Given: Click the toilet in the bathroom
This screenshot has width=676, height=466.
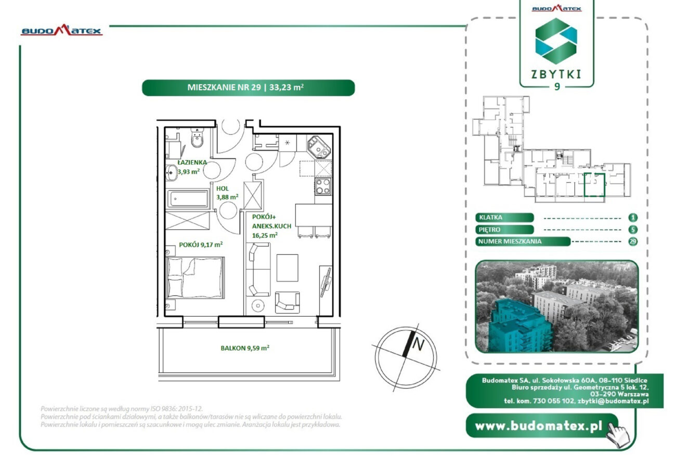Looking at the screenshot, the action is (198, 138).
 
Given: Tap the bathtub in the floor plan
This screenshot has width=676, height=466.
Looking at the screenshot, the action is (188, 199).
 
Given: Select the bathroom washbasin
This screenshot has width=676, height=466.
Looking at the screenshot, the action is (172, 173).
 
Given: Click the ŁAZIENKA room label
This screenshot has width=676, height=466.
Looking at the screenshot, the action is (192, 162).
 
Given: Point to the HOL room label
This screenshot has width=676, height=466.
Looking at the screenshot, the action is (223, 189).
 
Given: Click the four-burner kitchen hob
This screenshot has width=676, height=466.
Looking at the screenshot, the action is (323, 186).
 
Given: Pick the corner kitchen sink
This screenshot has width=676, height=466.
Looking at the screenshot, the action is (319, 147).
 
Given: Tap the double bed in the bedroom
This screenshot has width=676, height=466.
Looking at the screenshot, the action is (195, 278).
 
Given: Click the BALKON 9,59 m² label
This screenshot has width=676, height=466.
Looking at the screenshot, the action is (245, 348).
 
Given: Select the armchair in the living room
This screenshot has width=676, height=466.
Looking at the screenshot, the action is (287, 302).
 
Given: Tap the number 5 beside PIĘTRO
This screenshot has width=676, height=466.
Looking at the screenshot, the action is (632, 230).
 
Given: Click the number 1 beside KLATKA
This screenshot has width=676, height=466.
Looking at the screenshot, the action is (632, 217).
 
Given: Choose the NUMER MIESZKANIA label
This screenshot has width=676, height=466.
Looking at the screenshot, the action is (510, 241).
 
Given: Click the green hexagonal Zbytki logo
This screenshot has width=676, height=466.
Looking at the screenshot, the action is (556, 41).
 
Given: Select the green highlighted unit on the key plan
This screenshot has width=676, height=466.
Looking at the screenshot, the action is (594, 185).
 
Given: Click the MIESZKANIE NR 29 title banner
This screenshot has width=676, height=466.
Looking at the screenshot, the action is (249, 87).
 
